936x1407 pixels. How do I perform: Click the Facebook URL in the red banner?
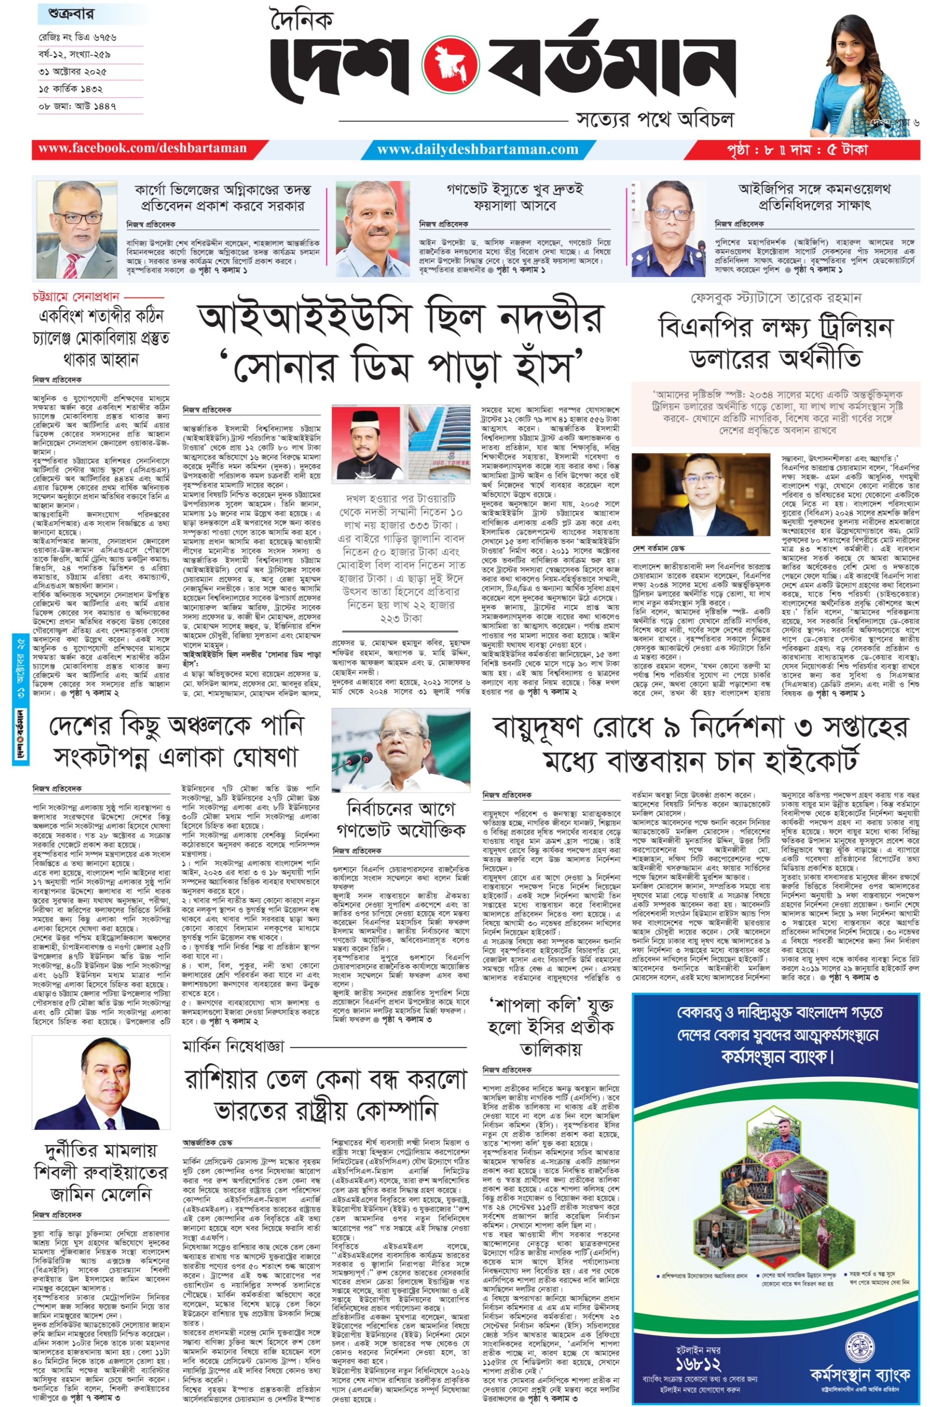(x=142, y=149)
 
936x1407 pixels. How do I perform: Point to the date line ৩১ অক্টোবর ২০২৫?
(x=73, y=72)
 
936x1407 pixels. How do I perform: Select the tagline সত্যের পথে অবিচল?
(x=654, y=119)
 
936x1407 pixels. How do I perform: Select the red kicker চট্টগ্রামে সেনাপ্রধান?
(x=76, y=297)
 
